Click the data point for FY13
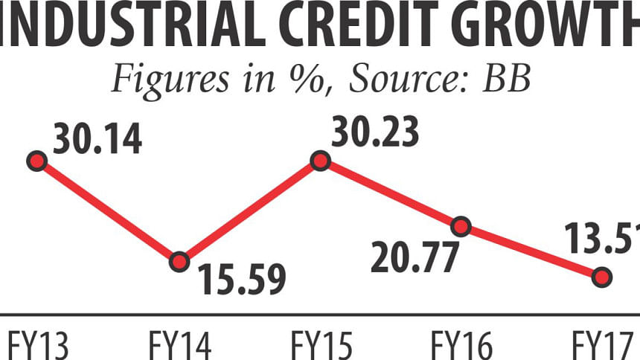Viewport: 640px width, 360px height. point(36,161)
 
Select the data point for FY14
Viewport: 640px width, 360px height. point(179,261)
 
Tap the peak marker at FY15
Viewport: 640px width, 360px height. point(320,161)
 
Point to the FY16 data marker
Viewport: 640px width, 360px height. point(461,225)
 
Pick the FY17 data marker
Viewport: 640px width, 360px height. point(602,277)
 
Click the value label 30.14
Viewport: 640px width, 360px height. point(97,141)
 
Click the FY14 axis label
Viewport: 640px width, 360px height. point(179,345)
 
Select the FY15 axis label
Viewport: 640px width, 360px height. point(321,345)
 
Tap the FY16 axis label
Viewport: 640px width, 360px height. point(461,345)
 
